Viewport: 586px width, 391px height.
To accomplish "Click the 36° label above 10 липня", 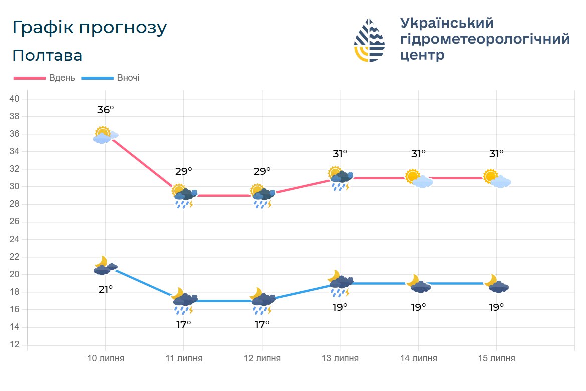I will tap(105, 110).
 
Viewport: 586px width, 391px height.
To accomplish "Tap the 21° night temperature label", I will tap(105, 289).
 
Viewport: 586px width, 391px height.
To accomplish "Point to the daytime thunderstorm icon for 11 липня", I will tap(184, 197).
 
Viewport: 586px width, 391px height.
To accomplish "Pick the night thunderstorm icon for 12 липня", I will tap(262, 302).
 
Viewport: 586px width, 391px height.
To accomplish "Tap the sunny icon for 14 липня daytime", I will tap(418, 179).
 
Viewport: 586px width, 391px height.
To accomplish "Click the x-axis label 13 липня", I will tap(340, 359).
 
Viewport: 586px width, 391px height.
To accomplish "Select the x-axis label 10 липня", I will tap(105, 359).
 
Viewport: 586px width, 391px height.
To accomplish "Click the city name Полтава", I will tap(47, 56).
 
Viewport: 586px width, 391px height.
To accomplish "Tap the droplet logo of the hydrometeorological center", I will tap(370, 40).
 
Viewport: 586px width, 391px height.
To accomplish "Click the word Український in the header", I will tap(447, 23).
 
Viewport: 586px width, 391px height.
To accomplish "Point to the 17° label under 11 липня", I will tap(183, 324).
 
